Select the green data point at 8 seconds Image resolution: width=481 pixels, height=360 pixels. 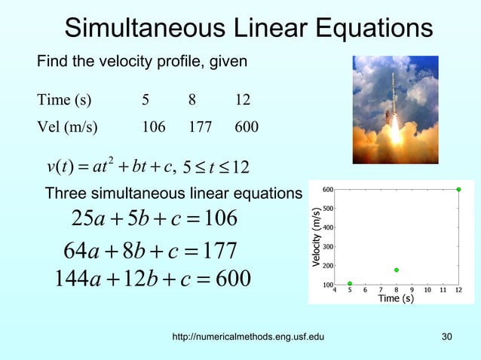click(x=397, y=270)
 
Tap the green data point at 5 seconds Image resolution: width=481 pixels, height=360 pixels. click(x=350, y=284)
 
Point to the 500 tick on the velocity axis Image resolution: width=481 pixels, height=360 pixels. click(x=328, y=208)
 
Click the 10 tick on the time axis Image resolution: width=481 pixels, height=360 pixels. click(x=427, y=289)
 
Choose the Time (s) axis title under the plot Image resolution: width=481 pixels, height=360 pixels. click(x=396, y=299)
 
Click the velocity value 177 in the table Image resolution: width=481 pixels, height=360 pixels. click(x=200, y=127)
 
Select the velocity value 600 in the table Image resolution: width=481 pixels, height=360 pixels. click(x=247, y=127)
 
